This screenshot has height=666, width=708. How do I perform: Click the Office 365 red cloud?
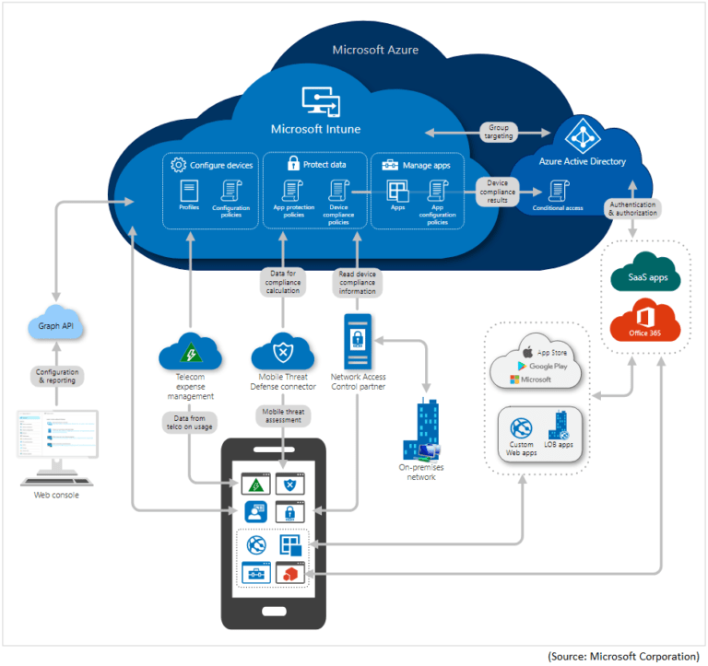644,327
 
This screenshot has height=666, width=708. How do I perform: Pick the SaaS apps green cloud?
644,275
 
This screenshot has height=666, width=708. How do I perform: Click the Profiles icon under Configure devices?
190,193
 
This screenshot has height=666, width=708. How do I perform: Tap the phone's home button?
274,611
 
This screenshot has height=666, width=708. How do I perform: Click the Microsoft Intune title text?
315,129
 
